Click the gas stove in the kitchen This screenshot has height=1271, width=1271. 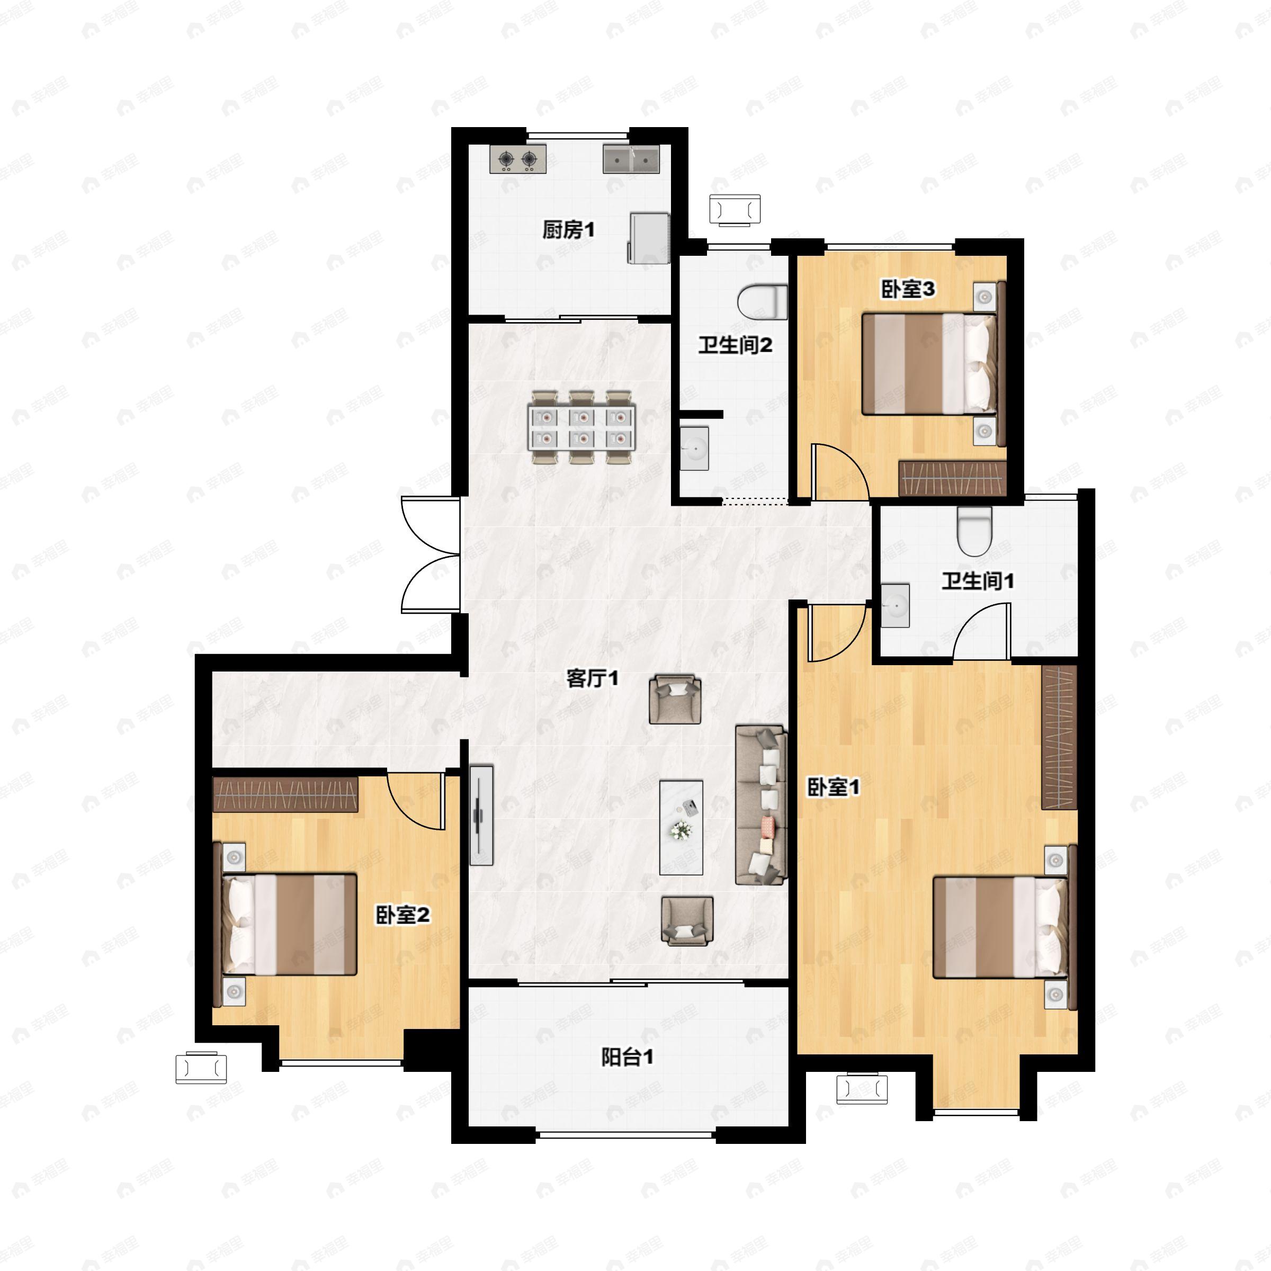pyautogui.click(x=518, y=159)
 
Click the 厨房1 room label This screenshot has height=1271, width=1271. pyautogui.click(x=568, y=230)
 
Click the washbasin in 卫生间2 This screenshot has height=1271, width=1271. pyautogui.click(x=694, y=448)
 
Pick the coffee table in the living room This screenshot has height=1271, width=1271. pyautogui.click(x=681, y=827)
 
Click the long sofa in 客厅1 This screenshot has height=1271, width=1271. pyautogui.click(x=760, y=804)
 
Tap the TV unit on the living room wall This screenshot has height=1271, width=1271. pyautogui.click(x=481, y=815)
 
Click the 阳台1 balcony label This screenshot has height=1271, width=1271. pyautogui.click(x=628, y=1057)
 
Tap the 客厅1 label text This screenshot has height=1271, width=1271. pyautogui.click(x=592, y=678)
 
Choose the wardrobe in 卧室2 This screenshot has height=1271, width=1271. pyautogui.click(x=285, y=794)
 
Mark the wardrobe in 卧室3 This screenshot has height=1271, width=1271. pyautogui.click(x=953, y=478)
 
